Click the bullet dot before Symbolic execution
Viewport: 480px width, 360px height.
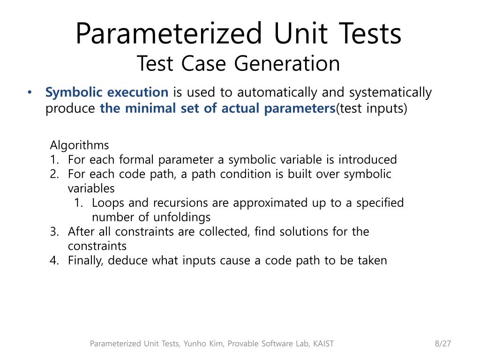tap(30, 93)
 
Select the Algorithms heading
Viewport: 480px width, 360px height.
tap(79, 145)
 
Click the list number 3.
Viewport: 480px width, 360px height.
tap(54, 232)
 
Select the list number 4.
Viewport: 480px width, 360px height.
tap(54, 261)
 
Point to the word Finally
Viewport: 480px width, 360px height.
tap(86, 261)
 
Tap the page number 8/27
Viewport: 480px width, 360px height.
tap(442, 344)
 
